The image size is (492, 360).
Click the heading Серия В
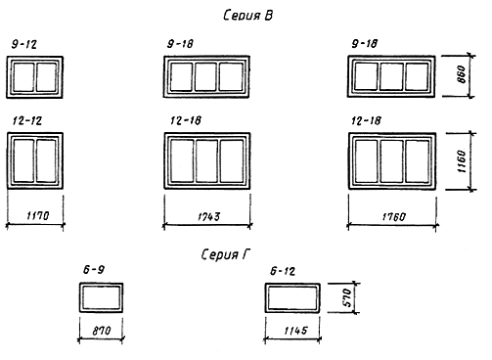click(x=247, y=15)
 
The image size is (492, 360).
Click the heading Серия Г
click(x=225, y=254)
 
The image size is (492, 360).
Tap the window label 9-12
click(x=24, y=44)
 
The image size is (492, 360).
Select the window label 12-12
click(x=27, y=121)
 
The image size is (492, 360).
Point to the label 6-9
click(x=94, y=270)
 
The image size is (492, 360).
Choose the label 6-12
click(x=283, y=271)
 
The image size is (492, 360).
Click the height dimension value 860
click(x=462, y=74)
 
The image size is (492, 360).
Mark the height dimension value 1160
click(x=462, y=161)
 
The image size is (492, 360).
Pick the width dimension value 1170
click(x=38, y=215)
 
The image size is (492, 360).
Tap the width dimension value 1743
click(x=209, y=216)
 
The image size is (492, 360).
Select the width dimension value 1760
click(x=394, y=217)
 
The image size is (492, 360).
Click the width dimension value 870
click(x=102, y=331)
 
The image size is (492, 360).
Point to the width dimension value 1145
click(x=295, y=331)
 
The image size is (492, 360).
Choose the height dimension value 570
click(x=347, y=297)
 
